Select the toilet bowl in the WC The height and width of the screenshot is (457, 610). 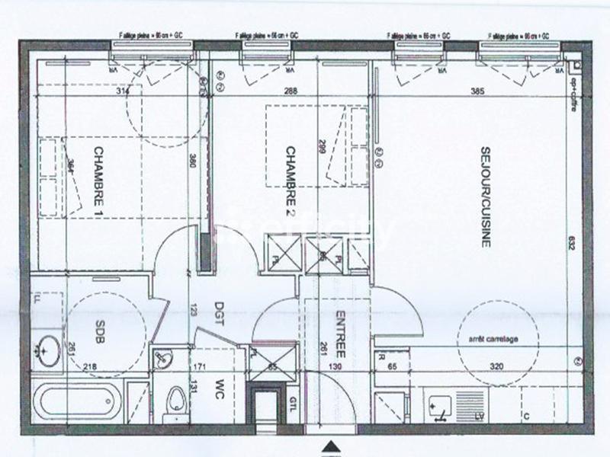point(176,399)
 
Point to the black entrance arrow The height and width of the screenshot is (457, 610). point(330,446)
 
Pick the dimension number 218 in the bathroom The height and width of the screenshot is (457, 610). point(90,366)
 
